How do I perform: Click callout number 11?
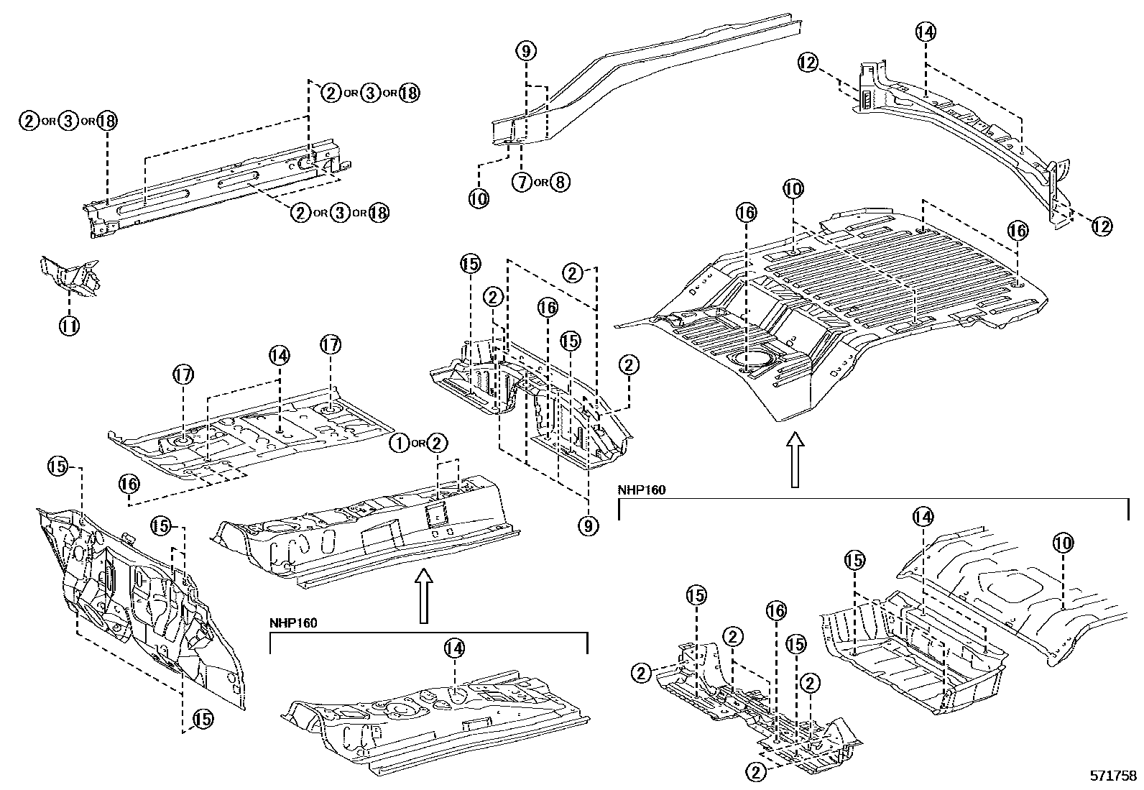coord(70,326)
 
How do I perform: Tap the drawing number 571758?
coord(1112,776)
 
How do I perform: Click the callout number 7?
coord(522,182)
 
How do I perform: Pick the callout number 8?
coord(561,182)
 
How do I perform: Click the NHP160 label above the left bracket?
coord(293,623)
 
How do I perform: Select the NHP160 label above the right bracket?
coord(641,490)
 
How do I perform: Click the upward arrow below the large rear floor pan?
coord(794,460)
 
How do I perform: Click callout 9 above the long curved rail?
coord(526,51)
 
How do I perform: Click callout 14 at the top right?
coord(926,32)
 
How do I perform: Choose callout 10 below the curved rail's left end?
coord(479,198)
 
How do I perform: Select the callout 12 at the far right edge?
coord(1101,226)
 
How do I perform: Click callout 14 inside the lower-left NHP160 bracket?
coord(454,648)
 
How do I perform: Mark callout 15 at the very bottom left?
coord(202,717)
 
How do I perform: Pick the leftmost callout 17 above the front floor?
coord(183,374)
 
